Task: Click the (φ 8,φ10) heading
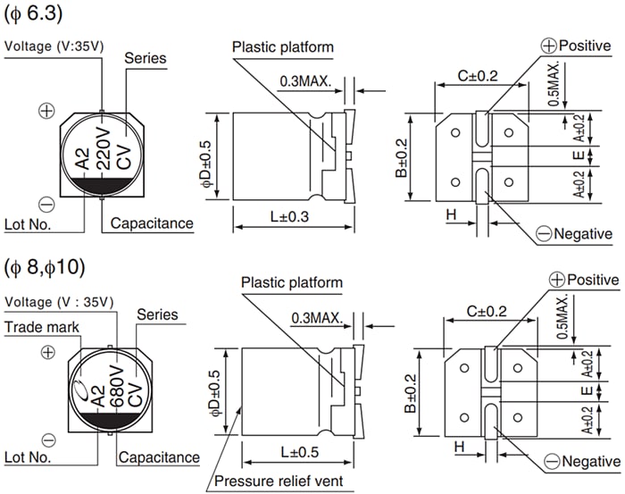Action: click(45, 267)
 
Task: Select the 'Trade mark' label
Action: click(43, 328)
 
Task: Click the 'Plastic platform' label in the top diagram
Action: click(282, 46)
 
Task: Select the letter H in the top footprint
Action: click(451, 216)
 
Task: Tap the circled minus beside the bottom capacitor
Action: click(49, 440)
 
